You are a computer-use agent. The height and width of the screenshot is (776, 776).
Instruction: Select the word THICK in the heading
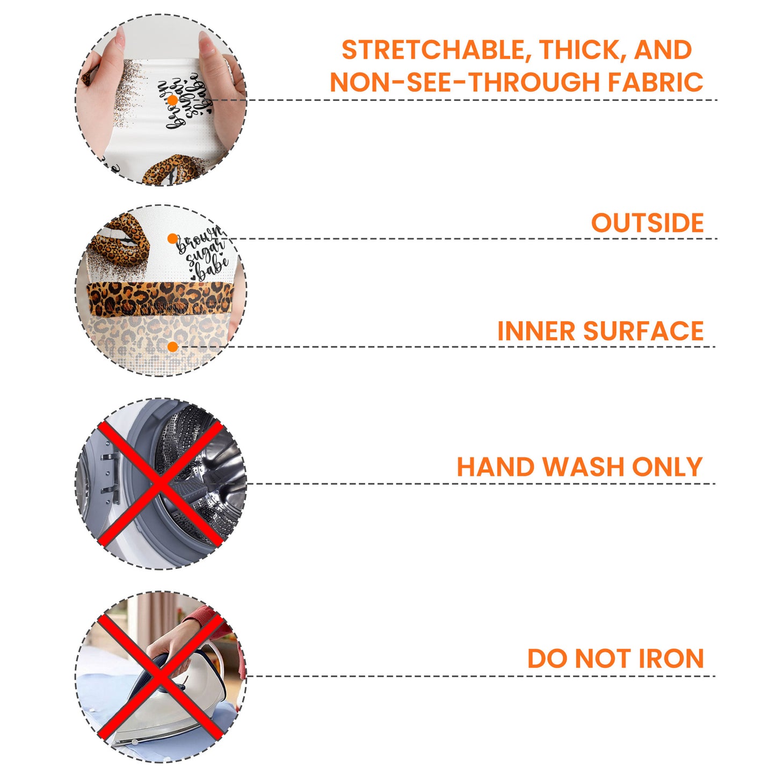582,50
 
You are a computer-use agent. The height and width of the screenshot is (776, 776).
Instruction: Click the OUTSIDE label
647,223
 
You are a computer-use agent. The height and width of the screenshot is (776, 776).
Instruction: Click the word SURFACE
643,331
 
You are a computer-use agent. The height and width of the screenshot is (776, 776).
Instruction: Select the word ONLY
668,467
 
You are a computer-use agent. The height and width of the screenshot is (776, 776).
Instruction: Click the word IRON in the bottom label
671,658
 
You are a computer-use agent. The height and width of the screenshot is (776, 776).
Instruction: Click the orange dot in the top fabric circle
172,100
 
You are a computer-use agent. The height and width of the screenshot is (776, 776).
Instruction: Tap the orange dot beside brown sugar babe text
172,239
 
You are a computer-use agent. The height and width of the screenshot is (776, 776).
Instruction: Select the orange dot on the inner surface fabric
172,347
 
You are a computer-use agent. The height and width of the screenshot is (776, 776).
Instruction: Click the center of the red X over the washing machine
160,483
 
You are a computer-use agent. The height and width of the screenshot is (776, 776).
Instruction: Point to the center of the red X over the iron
160,676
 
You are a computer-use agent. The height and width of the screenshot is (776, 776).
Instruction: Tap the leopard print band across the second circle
160,298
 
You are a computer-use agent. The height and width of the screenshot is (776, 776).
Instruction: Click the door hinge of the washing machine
110,480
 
